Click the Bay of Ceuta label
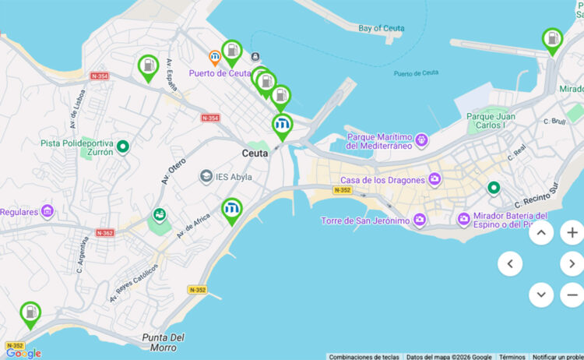tap(381, 29)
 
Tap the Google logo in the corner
tap(23, 353)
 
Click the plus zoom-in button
tap(572, 232)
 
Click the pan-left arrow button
tap(510, 263)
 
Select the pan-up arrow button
tap(541, 232)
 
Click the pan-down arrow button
tap(541, 295)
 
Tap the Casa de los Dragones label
tap(382, 180)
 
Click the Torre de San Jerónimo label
tap(365, 221)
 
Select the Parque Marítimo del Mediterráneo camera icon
tap(421, 140)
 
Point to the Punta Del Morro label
tap(164, 341)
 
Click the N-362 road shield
tap(105, 232)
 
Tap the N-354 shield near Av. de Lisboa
tap(99, 76)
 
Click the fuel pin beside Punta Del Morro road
tap(30, 314)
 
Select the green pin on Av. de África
tap(231, 210)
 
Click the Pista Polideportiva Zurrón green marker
tap(122, 145)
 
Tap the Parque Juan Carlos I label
tap(491, 121)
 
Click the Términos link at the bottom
tap(512, 356)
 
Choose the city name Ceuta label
tap(255, 154)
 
